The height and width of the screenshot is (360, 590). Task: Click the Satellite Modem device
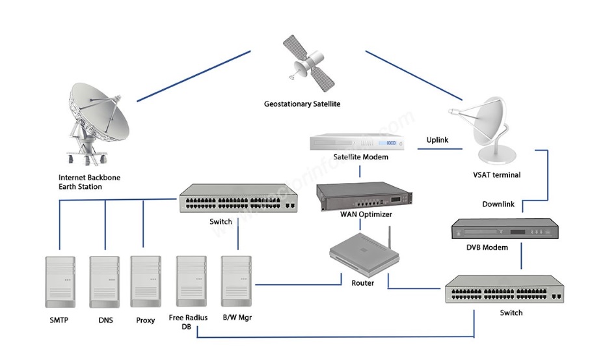point(358,143)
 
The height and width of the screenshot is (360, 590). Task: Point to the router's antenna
point(390,241)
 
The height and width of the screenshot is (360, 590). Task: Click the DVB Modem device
point(505,230)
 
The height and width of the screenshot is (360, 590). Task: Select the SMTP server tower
point(60,282)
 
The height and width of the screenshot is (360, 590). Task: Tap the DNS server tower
point(105,282)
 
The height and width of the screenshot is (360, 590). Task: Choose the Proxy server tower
point(145,282)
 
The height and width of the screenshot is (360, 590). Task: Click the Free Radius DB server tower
point(192,282)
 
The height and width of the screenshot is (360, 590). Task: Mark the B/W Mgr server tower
point(237,282)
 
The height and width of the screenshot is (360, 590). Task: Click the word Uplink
point(437,140)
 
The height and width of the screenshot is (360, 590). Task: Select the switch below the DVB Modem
point(505,290)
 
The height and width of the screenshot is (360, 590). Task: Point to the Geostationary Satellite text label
point(302,104)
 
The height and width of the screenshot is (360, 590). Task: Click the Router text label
point(362,283)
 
